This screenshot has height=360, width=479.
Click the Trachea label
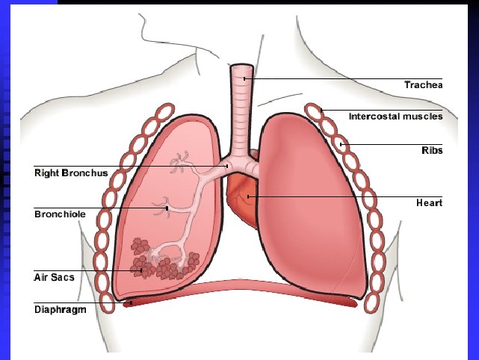point(424,85)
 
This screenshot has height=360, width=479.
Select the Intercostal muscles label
point(395,117)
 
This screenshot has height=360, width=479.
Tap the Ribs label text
point(432,150)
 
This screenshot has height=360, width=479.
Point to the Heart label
point(429,203)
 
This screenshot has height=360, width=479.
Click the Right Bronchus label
point(72,173)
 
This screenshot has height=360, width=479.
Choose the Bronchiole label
point(60,214)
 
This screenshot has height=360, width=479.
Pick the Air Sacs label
point(54,276)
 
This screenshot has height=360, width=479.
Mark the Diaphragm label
point(59,308)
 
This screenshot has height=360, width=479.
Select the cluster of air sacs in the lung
point(161,258)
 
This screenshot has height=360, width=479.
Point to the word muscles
point(421,117)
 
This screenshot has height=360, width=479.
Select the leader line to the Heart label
point(344,196)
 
